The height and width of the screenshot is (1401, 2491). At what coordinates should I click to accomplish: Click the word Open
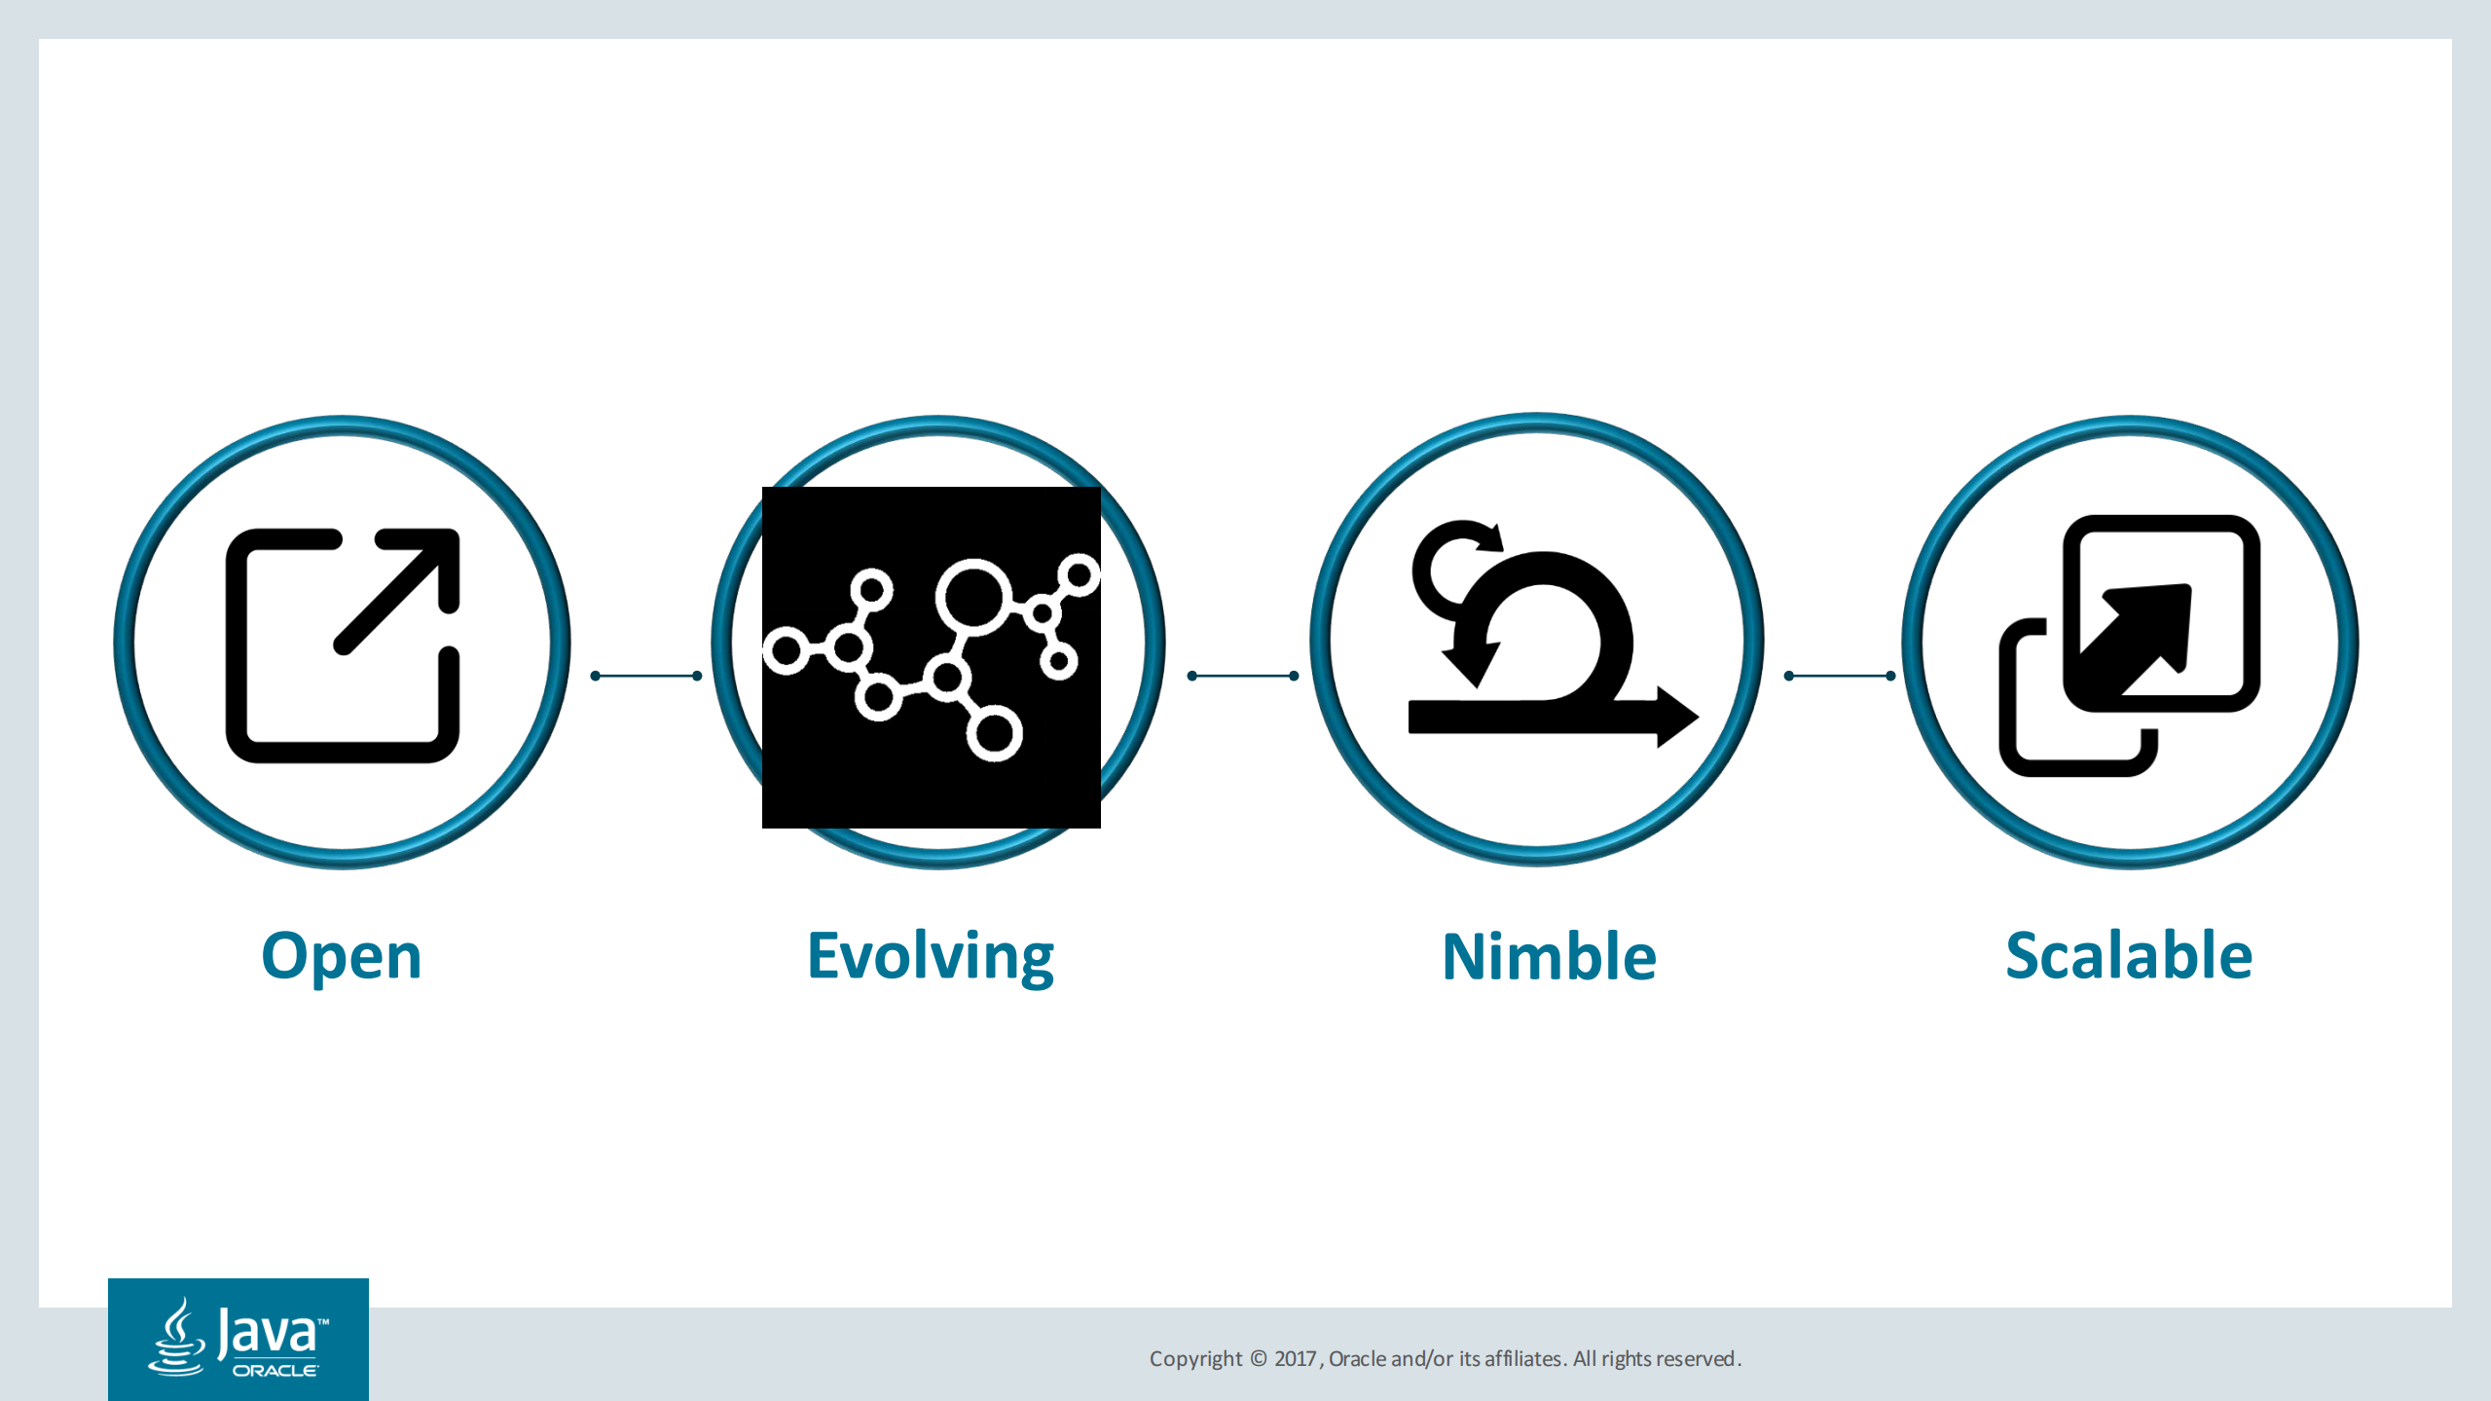click(342, 957)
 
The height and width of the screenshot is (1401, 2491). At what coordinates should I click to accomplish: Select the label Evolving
click(931, 957)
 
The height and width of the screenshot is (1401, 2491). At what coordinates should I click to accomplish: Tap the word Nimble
click(1549, 956)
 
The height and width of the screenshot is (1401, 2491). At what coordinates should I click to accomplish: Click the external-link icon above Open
click(343, 645)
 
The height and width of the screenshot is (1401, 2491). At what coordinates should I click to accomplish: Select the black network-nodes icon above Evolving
click(932, 657)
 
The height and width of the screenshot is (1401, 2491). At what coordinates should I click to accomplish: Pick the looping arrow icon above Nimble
click(1554, 634)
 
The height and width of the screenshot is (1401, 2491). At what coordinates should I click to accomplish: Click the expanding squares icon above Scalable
click(2129, 645)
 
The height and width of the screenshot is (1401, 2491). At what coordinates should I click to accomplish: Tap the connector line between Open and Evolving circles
click(646, 676)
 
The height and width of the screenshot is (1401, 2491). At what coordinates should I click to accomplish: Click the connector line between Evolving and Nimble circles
click(1243, 676)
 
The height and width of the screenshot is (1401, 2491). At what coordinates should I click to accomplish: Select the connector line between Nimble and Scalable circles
click(1840, 676)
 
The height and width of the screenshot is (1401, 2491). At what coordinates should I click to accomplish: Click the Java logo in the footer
click(238, 1340)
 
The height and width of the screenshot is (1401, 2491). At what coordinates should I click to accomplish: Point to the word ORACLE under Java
click(275, 1371)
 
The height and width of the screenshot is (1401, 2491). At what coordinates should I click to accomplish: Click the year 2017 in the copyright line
click(1295, 1359)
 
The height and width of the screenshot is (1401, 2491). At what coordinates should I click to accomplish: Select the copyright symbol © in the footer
click(1259, 1359)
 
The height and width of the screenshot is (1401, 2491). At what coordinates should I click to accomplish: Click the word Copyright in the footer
click(1195, 1359)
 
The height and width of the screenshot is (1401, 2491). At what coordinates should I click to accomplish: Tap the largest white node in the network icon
click(971, 597)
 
